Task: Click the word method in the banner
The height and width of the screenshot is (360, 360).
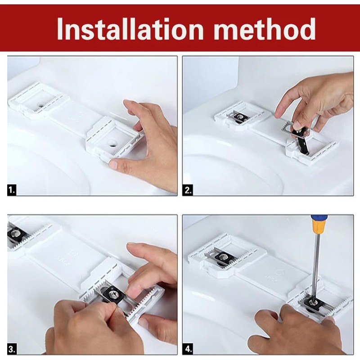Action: click(265, 29)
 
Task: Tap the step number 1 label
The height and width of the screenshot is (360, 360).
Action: click(12, 190)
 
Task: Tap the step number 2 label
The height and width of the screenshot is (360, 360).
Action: click(188, 190)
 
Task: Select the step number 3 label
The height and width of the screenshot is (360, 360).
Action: click(12, 349)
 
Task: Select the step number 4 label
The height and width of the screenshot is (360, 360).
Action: click(188, 349)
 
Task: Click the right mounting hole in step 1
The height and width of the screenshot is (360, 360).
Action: click(112, 144)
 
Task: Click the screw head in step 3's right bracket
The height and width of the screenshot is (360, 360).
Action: click(114, 295)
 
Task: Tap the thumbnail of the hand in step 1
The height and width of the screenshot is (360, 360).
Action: click(114, 164)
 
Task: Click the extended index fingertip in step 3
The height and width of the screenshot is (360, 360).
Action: click(132, 247)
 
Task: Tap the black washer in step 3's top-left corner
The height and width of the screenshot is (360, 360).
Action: click(15, 234)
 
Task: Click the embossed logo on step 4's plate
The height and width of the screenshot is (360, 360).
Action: click(279, 273)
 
